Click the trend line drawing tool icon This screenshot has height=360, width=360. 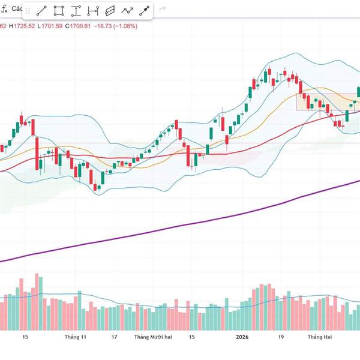(x=42, y=10)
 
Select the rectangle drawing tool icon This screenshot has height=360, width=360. (x=59, y=10)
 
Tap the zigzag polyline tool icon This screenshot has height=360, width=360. (x=127, y=10)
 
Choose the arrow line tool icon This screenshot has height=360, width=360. (x=144, y=10)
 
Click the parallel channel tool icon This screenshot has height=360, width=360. (x=110, y=10)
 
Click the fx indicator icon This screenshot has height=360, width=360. (x=4, y=8)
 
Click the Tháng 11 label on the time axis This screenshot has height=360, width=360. (x=76, y=337)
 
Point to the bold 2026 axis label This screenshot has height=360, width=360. (x=242, y=337)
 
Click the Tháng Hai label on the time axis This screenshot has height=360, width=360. (x=319, y=337)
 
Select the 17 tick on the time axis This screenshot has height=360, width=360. (x=114, y=337)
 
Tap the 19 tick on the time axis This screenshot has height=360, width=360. (x=280, y=337)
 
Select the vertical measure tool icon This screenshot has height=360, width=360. (x=76, y=10)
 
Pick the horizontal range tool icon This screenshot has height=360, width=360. (x=93, y=10)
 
